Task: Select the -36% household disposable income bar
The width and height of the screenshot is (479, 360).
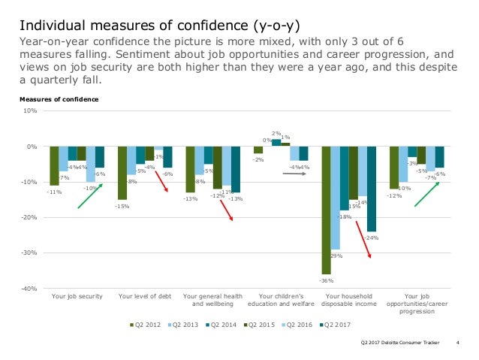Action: click(326, 210)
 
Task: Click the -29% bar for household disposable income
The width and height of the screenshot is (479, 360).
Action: click(335, 198)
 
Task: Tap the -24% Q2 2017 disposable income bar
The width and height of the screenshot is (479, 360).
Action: click(371, 189)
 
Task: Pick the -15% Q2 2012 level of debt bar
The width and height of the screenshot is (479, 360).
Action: click(122, 173)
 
